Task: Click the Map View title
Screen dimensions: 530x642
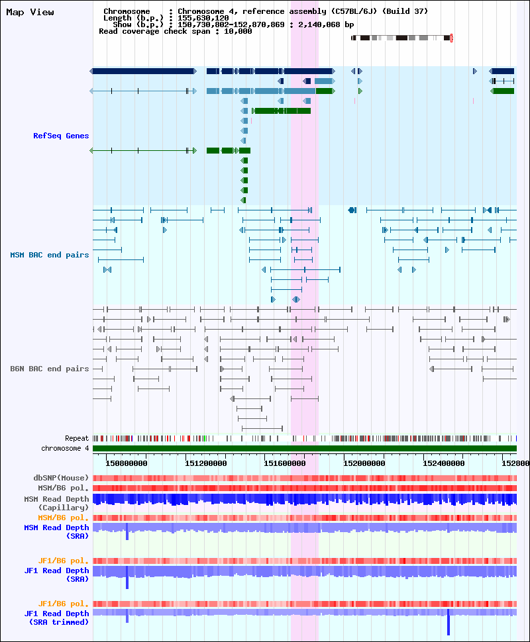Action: pos(30,13)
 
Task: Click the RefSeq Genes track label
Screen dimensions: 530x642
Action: pos(61,136)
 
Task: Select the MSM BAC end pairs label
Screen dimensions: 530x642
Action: pos(50,255)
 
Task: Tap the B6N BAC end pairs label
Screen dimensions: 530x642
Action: pos(50,369)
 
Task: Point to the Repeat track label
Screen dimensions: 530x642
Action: pos(77,439)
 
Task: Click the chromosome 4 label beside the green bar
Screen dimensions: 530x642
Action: pos(65,448)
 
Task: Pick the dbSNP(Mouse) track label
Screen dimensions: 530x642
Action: pos(61,478)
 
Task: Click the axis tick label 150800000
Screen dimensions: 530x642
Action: pos(127,463)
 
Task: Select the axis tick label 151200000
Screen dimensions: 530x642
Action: pos(206,463)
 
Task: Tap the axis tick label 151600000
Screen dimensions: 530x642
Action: pos(285,463)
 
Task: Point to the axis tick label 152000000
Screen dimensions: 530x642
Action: pos(364,463)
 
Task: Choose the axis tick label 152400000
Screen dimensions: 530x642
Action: pos(444,463)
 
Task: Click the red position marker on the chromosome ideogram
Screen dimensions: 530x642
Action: pos(451,38)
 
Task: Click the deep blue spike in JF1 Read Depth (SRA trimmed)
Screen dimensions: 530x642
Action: pos(449,622)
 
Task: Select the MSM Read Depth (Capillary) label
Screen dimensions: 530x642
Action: pos(56,503)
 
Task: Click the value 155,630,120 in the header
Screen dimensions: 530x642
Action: pos(203,18)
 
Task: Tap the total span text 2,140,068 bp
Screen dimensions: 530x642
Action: pos(326,24)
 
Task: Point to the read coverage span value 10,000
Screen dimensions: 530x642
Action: pos(238,31)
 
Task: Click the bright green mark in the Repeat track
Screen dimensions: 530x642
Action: pos(205,439)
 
